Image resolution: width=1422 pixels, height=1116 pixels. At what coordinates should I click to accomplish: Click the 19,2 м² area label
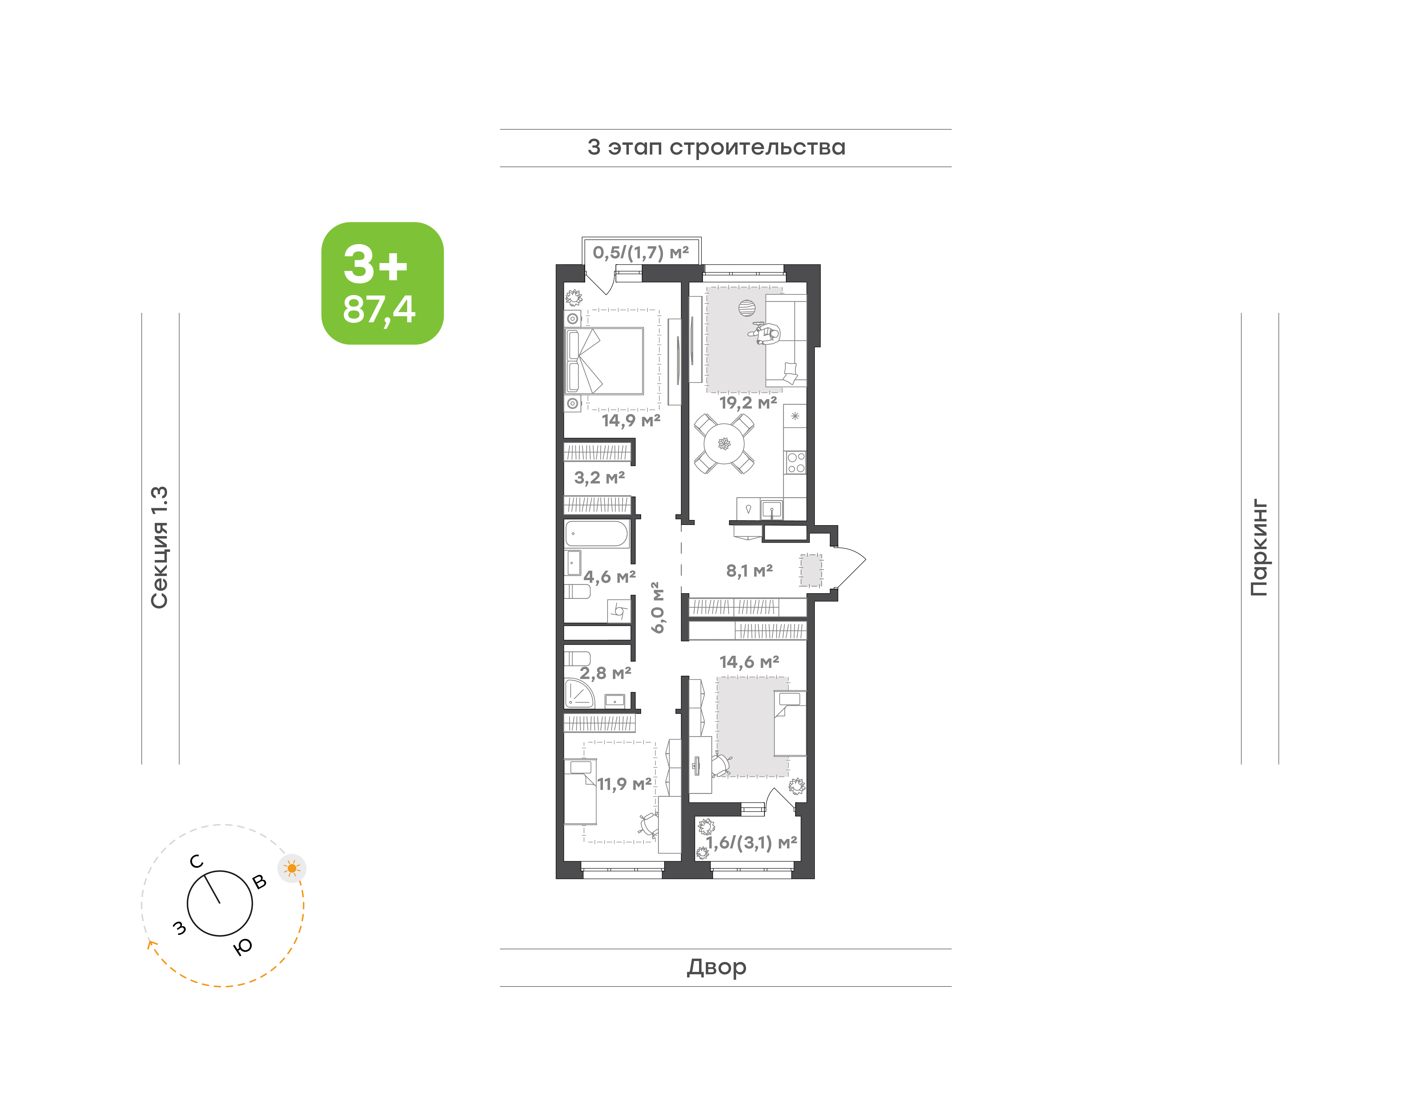coord(748,402)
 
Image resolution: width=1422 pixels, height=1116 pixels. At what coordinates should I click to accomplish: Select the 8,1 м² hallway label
coord(750,570)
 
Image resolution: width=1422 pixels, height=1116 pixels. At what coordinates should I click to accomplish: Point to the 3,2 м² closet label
coord(599,478)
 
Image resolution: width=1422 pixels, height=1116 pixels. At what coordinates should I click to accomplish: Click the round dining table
coord(724,444)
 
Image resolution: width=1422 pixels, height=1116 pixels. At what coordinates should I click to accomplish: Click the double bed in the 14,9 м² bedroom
coord(605,361)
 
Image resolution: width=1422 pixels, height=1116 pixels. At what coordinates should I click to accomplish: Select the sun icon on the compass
coord(292,868)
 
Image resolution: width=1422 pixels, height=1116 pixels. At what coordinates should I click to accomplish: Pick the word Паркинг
coord(1259,547)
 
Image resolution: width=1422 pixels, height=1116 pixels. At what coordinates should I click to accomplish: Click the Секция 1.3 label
coord(160,547)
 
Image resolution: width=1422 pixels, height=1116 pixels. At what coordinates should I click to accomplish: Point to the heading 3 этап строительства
coord(716,148)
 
